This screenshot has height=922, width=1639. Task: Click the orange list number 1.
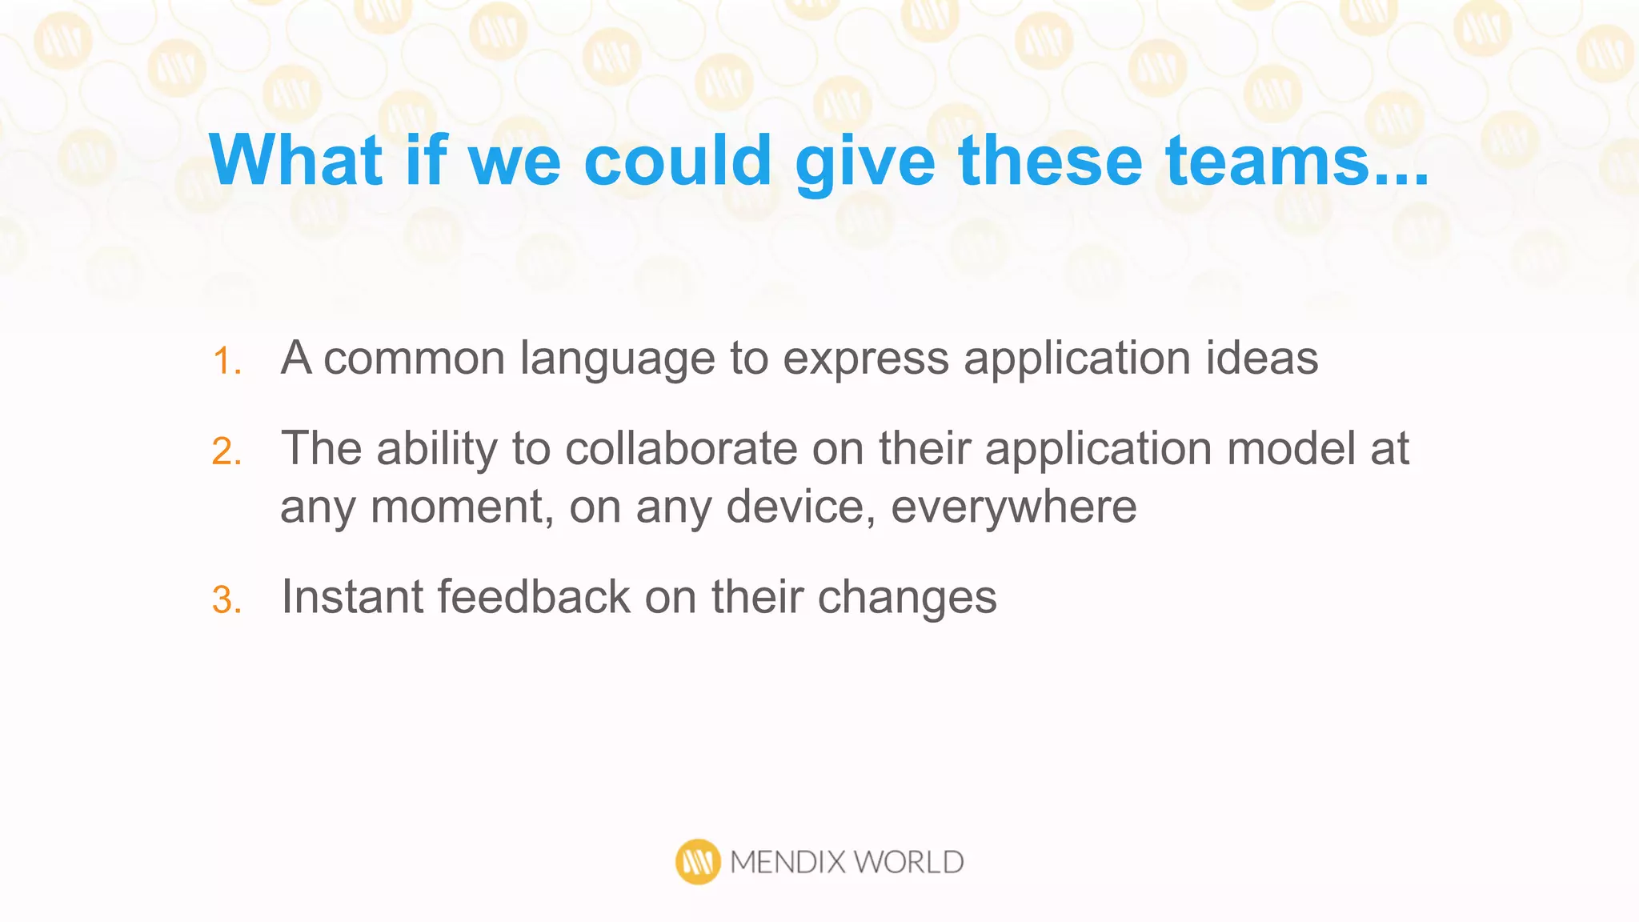pyautogui.click(x=226, y=361)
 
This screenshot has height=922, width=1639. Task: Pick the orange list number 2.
pyautogui.click(x=226, y=451)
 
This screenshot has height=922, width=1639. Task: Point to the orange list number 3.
pyautogui.click(x=226, y=600)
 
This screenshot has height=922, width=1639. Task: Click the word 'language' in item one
pyautogui.click(x=616, y=359)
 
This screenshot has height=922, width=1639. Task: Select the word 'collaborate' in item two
pyautogui.click(x=681, y=448)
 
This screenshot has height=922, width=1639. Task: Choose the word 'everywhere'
pyautogui.click(x=1013, y=507)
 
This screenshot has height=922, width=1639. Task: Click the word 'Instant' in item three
pyautogui.click(x=352, y=597)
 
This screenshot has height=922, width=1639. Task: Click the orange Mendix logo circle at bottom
pyautogui.click(x=698, y=862)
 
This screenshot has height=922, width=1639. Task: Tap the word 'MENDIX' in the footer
pyautogui.click(x=787, y=862)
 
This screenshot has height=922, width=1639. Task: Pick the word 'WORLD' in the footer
pyautogui.click(x=908, y=862)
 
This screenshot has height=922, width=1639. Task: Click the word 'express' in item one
pyautogui.click(x=865, y=359)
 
